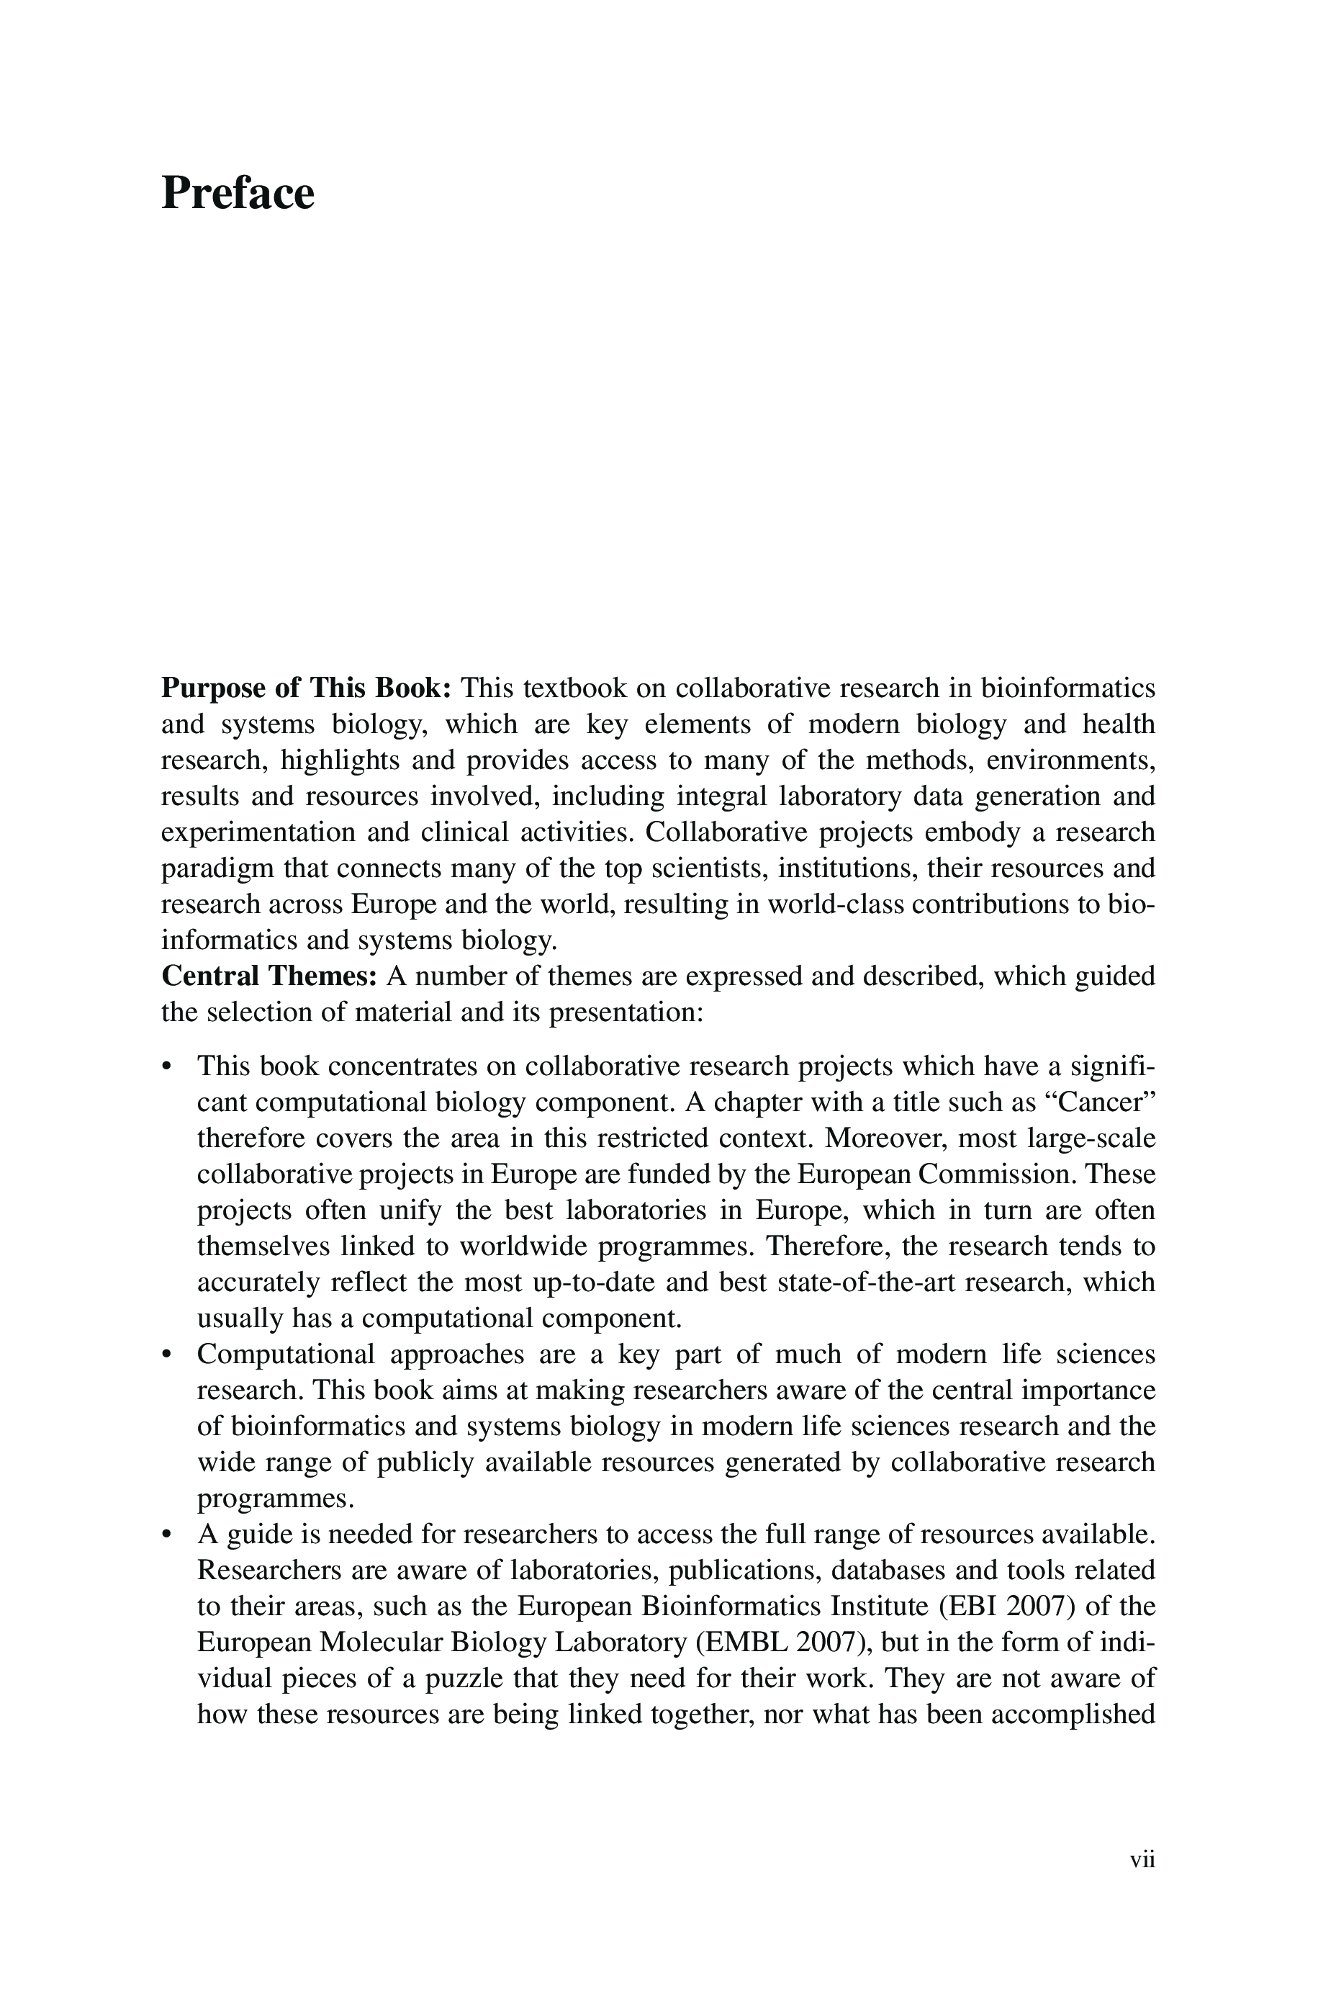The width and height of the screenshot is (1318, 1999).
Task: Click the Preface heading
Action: tap(238, 193)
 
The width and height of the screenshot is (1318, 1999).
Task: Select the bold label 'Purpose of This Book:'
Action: tap(307, 688)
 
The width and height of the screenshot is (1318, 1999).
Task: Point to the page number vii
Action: tap(1142, 1859)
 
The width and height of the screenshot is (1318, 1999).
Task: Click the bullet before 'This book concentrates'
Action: tap(166, 1066)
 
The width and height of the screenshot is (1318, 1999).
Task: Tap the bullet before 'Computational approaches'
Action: tap(166, 1355)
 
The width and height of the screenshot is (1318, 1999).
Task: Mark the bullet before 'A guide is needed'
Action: tap(166, 1535)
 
